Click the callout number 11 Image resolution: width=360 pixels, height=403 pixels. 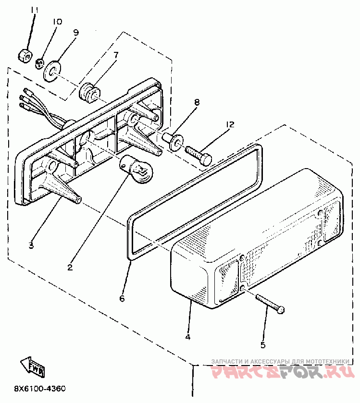click(34, 10)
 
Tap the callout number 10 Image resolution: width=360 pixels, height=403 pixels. click(57, 22)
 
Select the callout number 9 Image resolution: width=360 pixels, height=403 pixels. click(76, 32)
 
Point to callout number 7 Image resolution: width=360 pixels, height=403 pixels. click(115, 55)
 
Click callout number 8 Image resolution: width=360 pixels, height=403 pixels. click(196, 102)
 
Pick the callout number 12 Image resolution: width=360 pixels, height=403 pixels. click(230, 125)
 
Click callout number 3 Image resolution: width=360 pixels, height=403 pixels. click(31, 245)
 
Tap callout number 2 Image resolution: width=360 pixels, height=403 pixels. click(70, 267)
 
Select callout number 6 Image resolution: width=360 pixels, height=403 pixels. click(122, 298)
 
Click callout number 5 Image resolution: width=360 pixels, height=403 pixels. click(263, 344)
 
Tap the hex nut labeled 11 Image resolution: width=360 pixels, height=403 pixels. click(25, 55)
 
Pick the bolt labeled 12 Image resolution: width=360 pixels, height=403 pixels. click(199, 155)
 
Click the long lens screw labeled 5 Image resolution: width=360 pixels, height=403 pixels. click(269, 304)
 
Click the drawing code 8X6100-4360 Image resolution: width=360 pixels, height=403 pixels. click(40, 389)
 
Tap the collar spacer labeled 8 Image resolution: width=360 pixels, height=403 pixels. click(173, 140)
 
